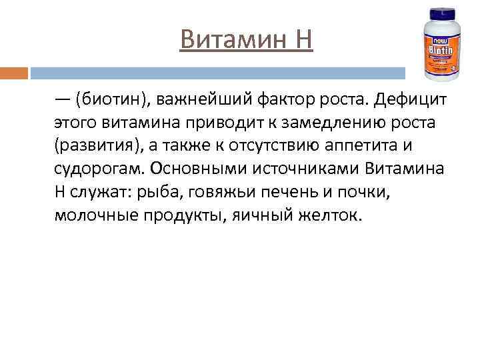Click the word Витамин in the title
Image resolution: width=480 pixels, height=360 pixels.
pos(227,39)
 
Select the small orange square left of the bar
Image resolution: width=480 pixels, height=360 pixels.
pos(14,73)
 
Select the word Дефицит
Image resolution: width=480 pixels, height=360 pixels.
pos(408,99)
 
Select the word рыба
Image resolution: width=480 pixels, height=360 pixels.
pos(155,193)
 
